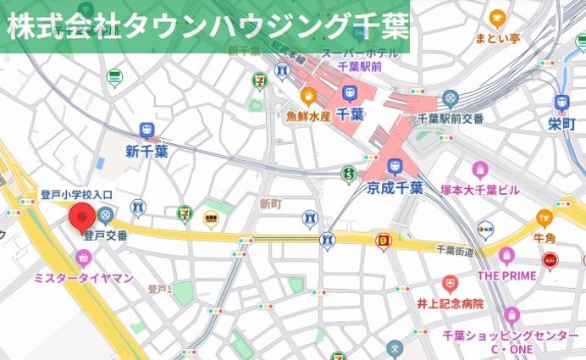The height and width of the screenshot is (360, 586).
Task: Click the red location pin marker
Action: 82,219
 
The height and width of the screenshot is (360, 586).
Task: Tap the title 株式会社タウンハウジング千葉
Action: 206,26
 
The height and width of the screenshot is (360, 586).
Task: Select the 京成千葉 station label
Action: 395,188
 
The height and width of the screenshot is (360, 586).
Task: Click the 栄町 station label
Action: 561,125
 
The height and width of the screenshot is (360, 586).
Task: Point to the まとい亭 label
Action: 497,37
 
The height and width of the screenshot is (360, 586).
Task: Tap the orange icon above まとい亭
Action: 497,17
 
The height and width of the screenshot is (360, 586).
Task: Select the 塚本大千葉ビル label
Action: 480,190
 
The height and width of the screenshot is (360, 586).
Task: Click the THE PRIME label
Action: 506,275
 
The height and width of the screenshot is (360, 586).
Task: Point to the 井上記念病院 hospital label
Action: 450,303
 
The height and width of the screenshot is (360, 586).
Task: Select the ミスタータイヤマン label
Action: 82,278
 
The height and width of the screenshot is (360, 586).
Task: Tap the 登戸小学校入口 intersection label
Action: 76,195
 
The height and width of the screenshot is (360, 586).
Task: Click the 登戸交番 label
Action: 105,235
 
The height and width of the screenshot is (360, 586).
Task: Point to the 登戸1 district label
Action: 160,290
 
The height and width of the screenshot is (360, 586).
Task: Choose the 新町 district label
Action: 270,204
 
